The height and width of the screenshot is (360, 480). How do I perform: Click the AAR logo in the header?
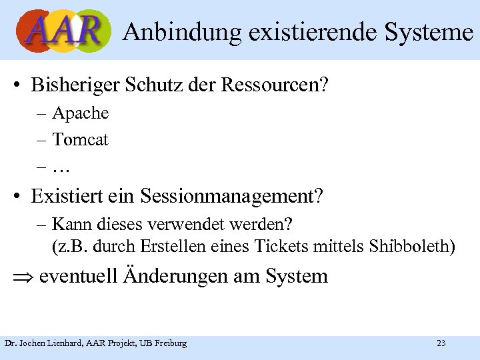[x=64, y=31]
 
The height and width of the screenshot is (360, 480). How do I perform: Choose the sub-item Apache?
[x=80, y=114]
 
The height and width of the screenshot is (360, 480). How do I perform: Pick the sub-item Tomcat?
[x=80, y=140]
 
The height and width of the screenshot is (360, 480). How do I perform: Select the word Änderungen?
[x=175, y=275]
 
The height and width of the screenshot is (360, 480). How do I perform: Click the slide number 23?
[x=441, y=343]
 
